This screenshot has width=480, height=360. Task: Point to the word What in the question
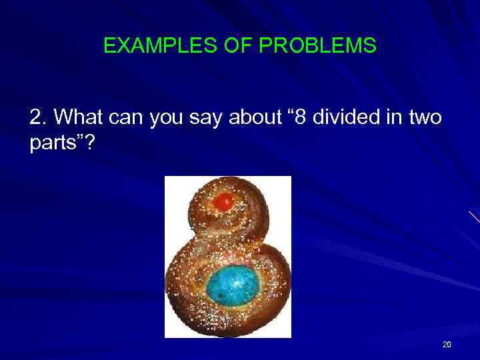click(x=75, y=117)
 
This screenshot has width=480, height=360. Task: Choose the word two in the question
click(x=423, y=117)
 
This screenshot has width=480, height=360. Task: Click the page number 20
click(x=447, y=345)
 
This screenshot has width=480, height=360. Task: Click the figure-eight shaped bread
click(x=228, y=257)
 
